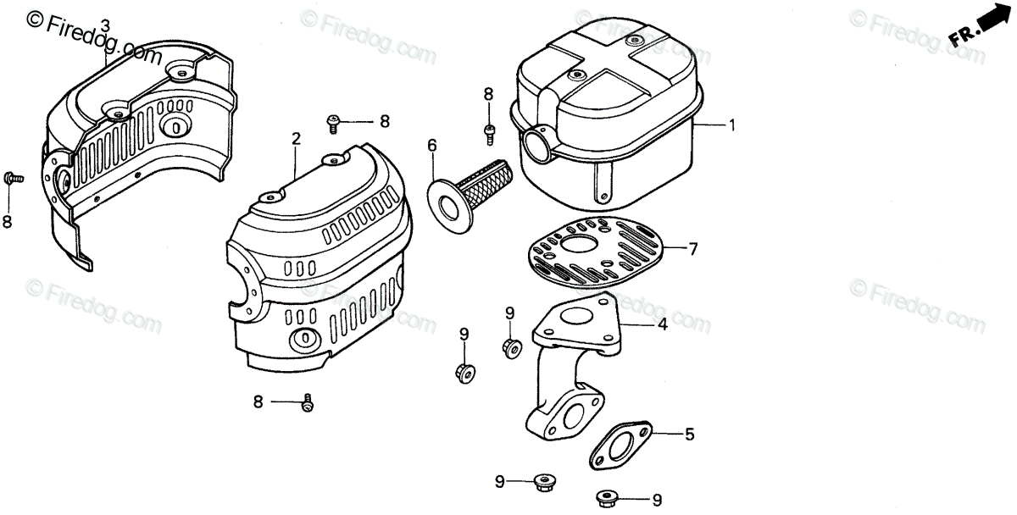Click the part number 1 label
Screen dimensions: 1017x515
pyautogui.click(x=731, y=125)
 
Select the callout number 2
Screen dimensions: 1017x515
pyautogui.click(x=296, y=138)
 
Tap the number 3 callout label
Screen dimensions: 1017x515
pyautogui.click(x=105, y=25)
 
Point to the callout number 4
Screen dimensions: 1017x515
pyautogui.click(x=663, y=324)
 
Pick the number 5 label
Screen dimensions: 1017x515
pyautogui.click(x=689, y=435)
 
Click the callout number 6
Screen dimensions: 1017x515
pyautogui.click(x=431, y=145)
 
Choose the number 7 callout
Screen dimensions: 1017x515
pyautogui.click(x=692, y=249)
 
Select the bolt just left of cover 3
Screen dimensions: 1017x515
pyautogui.click(x=12, y=178)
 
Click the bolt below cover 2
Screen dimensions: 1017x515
pyautogui.click(x=308, y=404)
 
